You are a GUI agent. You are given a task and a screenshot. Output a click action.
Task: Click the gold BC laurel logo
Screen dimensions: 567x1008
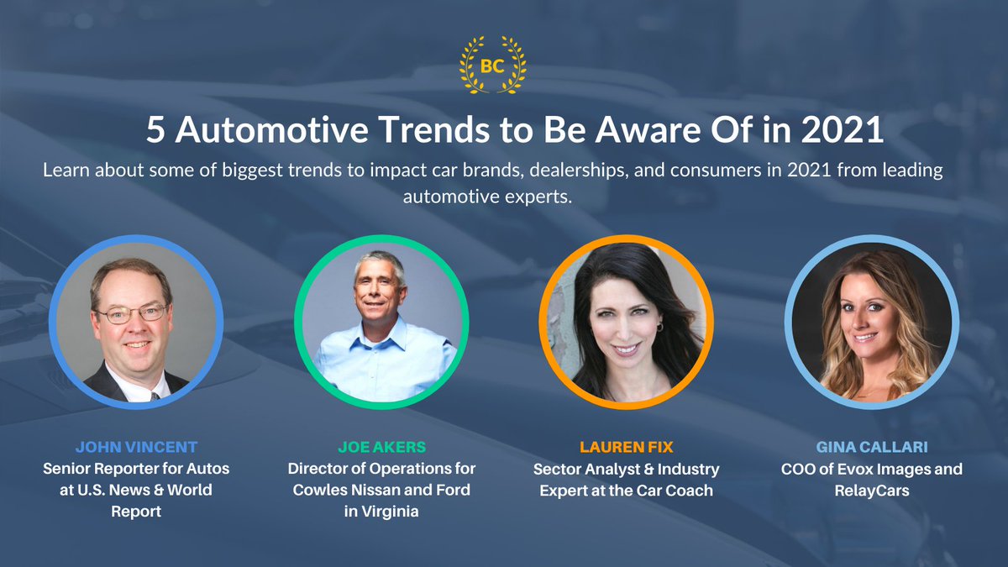point(493,66)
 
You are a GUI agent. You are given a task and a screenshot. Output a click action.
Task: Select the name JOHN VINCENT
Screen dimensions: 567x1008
point(135,447)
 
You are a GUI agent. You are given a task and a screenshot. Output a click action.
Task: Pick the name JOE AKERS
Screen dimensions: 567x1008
point(381,447)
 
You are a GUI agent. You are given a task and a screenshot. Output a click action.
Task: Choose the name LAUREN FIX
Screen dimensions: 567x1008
point(626,447)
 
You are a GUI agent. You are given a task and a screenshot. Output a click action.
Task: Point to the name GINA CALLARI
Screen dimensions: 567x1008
point(871,447)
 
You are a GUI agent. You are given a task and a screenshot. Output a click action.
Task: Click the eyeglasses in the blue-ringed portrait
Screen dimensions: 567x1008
point(132,314)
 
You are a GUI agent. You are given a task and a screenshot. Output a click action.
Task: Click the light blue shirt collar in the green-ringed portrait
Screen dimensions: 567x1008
point(382,332)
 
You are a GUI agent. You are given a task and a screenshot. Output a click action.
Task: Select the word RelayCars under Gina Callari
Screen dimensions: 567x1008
point(871,490)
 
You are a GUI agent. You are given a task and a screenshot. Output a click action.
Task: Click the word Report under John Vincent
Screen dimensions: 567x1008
point(135,512)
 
